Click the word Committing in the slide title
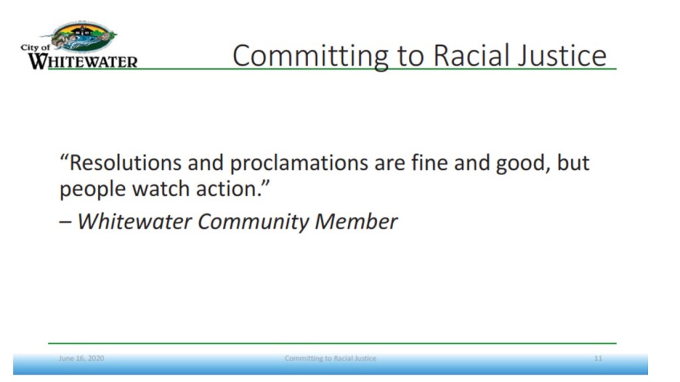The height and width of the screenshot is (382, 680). coord(309,56)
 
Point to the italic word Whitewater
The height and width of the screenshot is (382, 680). coord(134,222)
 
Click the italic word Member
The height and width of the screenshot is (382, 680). coord(356,222)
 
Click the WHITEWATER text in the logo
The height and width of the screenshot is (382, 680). coord(82,62)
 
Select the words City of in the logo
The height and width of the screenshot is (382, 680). coord(35,48)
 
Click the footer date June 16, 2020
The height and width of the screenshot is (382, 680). coord(82,358)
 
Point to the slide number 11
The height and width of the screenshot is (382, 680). coord(598,358)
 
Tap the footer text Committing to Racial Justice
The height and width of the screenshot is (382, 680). coord(331,358)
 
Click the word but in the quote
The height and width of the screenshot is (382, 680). coord(573,163)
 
